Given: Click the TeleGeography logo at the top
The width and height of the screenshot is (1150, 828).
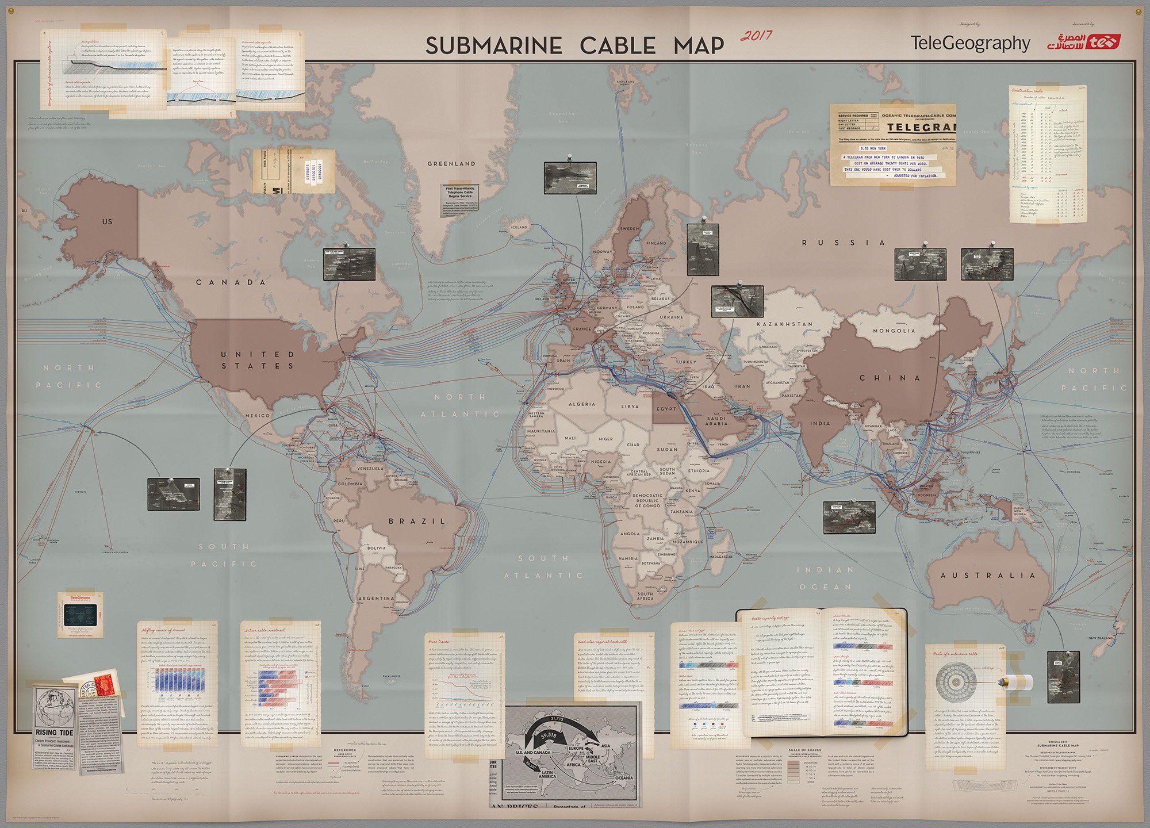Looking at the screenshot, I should [x=970, y=43].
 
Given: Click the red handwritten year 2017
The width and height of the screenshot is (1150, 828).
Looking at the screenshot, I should [x=756, y=36].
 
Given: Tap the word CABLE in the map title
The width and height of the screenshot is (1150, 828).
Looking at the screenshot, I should [x=617, y=46].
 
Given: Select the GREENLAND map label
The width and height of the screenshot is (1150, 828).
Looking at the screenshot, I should [x=451, y=164].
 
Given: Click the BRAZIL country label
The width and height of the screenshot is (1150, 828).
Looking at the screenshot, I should [x=417, y=521].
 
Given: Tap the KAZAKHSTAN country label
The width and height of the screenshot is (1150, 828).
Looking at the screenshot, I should [x=784, y=324].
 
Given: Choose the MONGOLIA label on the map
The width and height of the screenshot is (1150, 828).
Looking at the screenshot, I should [x=894, y=331].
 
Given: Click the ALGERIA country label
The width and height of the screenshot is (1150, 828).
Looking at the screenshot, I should [x=581, y=404].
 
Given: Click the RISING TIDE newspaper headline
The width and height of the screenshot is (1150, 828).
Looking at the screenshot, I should [x=54, y=733].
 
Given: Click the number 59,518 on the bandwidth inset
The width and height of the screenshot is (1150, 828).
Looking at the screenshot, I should [x=548, y=735].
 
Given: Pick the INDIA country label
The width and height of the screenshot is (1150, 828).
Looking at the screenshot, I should [x=820, y=423].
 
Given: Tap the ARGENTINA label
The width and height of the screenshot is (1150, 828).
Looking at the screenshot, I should [x=376, y=599].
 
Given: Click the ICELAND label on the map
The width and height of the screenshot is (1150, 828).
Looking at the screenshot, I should [x=519, y=227].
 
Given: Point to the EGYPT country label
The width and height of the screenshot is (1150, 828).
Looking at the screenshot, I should [x=666, y=409].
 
